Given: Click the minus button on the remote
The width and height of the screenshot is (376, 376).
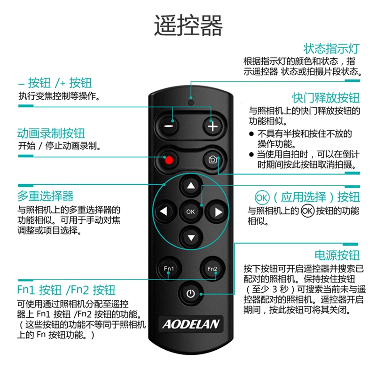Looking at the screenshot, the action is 169,126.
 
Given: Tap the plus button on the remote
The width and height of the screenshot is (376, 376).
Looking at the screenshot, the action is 212,126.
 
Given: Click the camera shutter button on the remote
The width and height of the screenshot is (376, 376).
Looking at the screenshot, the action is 212,159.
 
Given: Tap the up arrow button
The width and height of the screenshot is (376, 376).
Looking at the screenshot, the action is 191,185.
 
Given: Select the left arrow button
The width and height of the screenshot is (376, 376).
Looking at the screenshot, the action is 164,211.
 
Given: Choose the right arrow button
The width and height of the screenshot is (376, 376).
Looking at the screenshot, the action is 217,211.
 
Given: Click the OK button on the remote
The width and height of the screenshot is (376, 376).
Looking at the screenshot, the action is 191,211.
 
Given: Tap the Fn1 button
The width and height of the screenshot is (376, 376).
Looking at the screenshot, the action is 169,268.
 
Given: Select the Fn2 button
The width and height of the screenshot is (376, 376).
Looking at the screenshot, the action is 212,268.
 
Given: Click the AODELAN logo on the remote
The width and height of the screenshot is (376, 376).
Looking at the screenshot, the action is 191,324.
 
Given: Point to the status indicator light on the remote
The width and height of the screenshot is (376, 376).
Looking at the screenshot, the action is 191,102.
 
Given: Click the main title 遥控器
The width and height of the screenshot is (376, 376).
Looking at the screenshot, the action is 188,25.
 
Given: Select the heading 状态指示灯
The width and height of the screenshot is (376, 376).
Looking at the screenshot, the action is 331,49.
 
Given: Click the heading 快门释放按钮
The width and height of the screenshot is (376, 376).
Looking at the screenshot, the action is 326,98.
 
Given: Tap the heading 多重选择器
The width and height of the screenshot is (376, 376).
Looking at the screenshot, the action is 45,196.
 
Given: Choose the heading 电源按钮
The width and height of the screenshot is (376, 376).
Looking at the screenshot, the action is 337,255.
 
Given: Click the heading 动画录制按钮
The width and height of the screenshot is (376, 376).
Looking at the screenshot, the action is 51,133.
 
